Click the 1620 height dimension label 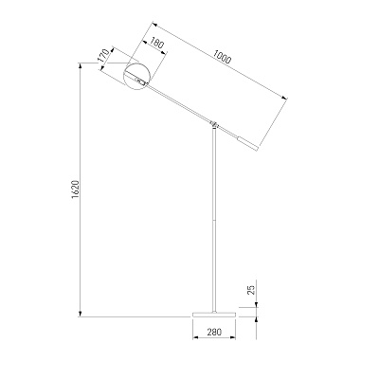75,189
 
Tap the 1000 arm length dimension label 222,57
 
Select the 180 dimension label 156,43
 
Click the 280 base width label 214,332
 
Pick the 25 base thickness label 251,290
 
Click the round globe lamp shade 136,76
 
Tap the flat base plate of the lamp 214,315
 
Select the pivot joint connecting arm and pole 214,123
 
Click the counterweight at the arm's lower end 247,143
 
